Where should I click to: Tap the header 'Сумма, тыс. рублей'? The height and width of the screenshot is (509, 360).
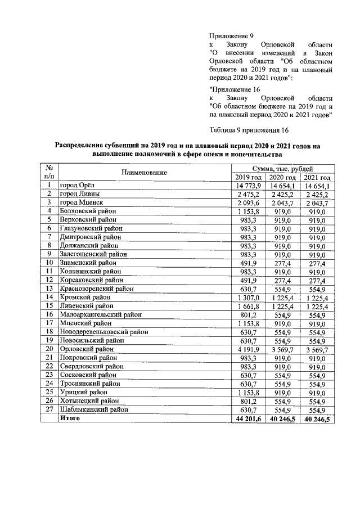point(282,168)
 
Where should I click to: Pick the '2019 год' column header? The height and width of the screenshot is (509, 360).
point(249,177)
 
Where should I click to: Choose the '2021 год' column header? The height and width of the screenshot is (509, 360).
point(317,177)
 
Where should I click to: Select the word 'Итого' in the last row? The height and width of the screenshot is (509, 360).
point(70,419)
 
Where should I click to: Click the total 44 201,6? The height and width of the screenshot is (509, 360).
point(248,419)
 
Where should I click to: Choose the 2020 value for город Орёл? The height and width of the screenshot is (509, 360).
point(283,186)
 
